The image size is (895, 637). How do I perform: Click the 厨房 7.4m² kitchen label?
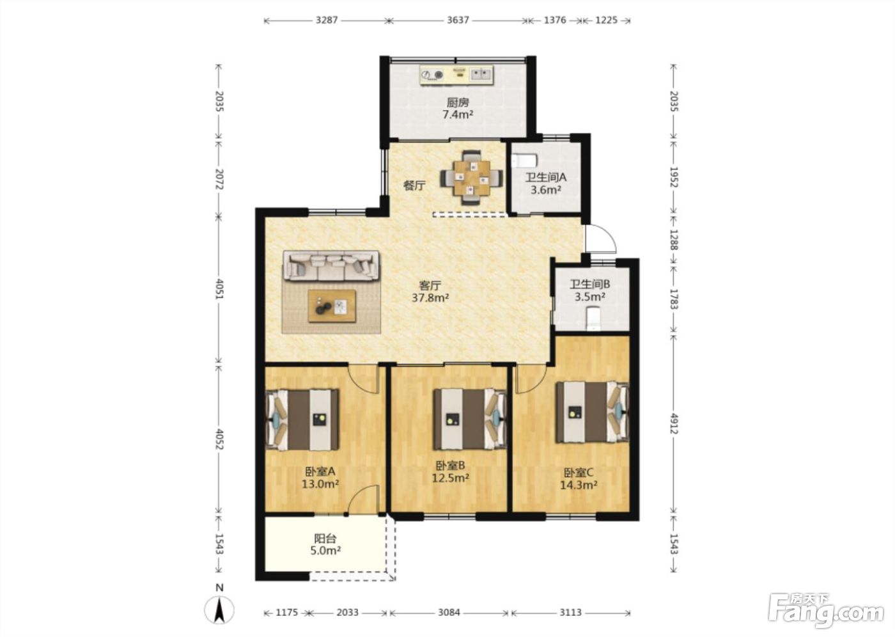click(x=458, y=109)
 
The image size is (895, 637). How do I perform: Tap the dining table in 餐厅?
click(x=472, y=177)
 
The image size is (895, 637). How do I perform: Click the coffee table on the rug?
click(x=332, y=306)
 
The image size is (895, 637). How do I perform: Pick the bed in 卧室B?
click(x=471, y=419)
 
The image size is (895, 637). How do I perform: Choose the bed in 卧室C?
click(x=593, y=412)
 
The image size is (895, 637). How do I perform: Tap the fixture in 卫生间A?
click(x=524, y=161)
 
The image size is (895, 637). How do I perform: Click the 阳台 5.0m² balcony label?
click(x=325, y=544)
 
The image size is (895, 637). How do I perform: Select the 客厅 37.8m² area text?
click(x=430, y=292)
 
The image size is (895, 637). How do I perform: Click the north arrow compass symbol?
click(x=219, y=611)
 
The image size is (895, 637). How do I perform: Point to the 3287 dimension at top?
click(x=327, y=20)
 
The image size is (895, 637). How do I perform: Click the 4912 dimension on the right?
click(x=674, y=423)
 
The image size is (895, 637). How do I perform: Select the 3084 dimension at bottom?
click(x=449, y=612)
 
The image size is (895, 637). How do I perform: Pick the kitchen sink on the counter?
click(x=481, y=74)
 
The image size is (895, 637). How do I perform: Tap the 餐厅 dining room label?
click(x=414, y=186)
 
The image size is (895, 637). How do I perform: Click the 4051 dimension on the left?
click(x=219, y=289)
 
